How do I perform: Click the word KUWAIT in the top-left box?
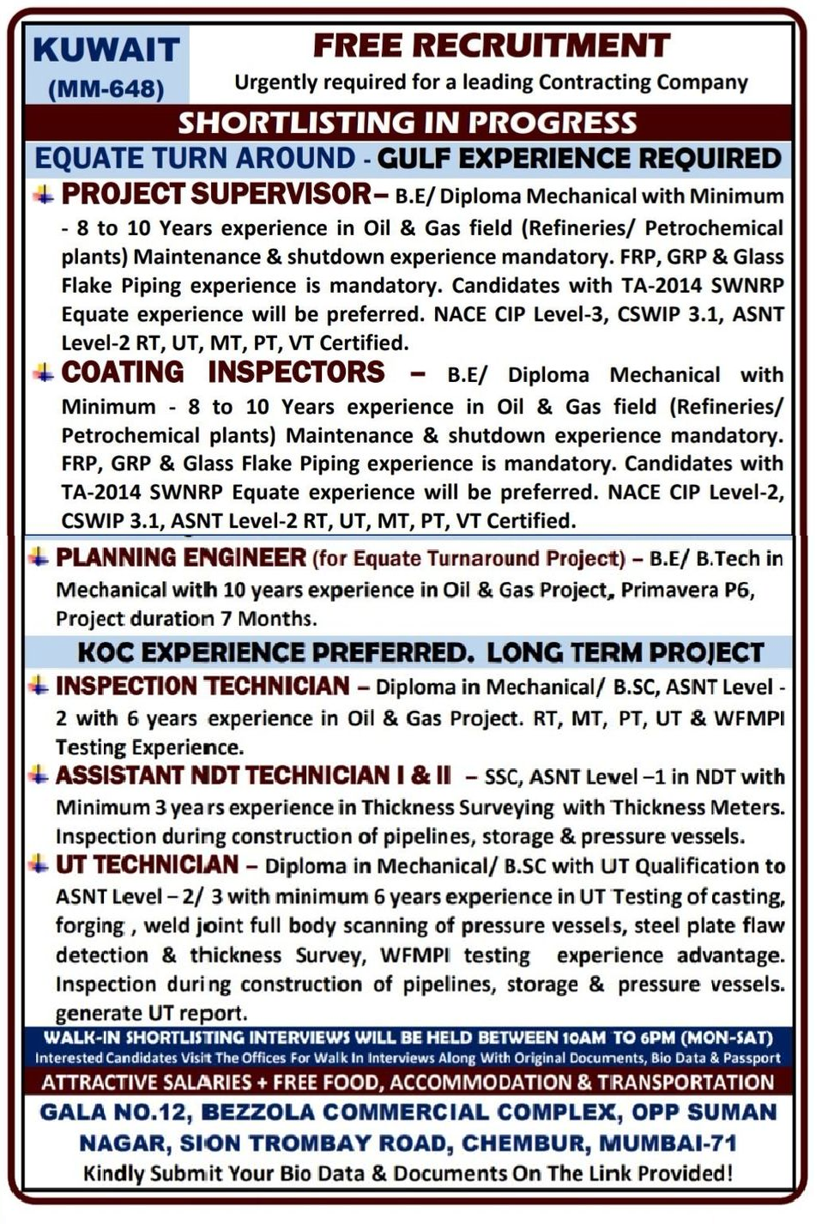(x=106, y=49)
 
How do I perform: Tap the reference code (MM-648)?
(x=106, y=88)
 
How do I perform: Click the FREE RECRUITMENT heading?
(x=491, y=45)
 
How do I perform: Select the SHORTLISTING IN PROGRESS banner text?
(x=408, y=123)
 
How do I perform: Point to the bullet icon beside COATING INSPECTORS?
(x=43, y=372)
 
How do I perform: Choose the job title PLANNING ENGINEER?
(x=181, y=557)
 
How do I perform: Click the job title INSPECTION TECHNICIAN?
(x=202, y=686)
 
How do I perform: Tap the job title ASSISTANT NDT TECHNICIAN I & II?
(x=253, y=775)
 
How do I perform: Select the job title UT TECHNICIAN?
(x=147, y=864)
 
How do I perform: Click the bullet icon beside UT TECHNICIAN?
(x=38, y=864)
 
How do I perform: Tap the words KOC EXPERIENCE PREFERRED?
(x=275, y=652)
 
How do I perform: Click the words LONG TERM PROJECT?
(x=626, y=652)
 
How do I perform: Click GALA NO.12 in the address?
(x=112, y=1112)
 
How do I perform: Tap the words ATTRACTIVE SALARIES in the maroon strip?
(x=146, y=1082)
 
